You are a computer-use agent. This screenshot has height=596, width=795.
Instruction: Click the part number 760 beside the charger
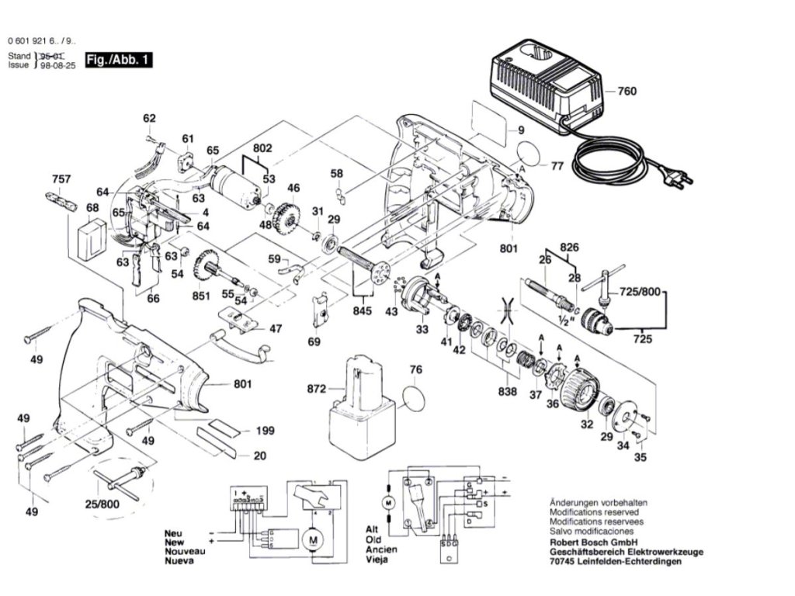(x=627, y=92)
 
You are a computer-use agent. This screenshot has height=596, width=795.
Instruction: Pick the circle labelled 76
(x=415, y=398)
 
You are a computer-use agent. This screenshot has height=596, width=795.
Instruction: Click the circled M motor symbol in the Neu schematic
(x=313, y=539)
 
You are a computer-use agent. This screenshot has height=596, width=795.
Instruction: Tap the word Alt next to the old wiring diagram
(x=373, y=528)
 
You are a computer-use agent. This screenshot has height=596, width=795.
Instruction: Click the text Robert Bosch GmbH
(x=589, y=543)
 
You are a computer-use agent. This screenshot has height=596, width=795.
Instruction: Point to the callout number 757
(x=61, y=179)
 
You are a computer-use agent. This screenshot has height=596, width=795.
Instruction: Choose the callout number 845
(x=361, y=311)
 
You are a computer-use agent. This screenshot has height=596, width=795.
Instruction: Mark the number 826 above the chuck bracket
(x=570, y=248)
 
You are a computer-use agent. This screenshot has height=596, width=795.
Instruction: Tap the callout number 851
(x=202, y=296)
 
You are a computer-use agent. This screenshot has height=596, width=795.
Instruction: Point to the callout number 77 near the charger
(x=557, y=165)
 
